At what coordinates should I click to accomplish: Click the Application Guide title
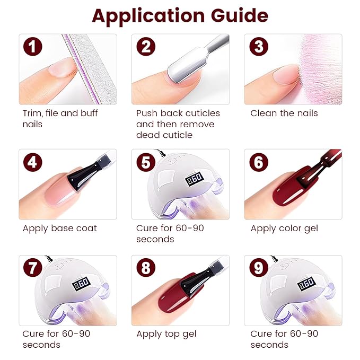[x=180, y=15]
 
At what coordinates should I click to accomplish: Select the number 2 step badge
[x=145, y=47]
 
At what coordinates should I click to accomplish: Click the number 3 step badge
[x=258, y=47]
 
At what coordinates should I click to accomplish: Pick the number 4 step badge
[x=33, y=162]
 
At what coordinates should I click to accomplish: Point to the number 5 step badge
[x=145, y=162]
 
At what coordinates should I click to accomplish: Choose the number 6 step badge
[x=258, y=162]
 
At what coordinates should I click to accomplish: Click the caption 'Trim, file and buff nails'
[x=60, y=118]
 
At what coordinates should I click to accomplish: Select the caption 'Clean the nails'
[x=284, y=113]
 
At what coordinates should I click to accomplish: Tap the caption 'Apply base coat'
[x=59, y=229]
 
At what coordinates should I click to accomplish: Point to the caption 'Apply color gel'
[x=285, y=229]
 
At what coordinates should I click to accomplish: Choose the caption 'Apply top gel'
[x=166, y=334]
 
